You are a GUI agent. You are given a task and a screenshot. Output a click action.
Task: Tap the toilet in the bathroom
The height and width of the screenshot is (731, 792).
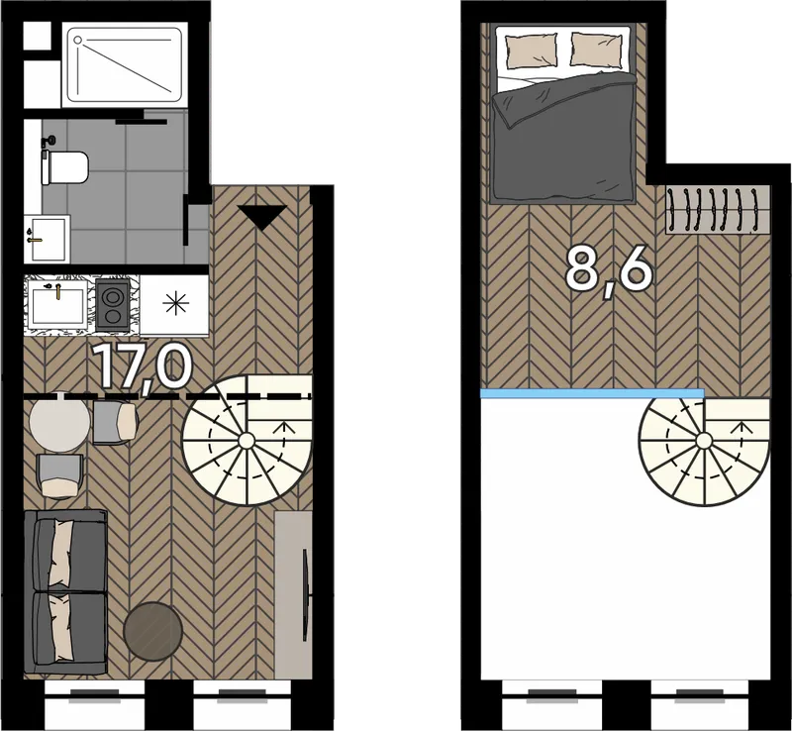[x=64, y=166]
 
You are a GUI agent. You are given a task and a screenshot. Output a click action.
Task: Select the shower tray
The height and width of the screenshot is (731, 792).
[x=125, y=64]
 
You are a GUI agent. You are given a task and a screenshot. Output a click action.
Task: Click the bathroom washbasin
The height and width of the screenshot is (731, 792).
[x=47, y=239]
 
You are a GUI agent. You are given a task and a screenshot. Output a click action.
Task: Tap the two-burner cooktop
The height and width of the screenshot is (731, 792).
[x=113, y=305]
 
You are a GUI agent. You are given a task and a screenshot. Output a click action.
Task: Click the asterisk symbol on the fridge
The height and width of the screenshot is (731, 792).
[x=175, y=303]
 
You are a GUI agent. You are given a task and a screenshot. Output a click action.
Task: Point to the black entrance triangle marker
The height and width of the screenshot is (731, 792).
[x=262, y=217]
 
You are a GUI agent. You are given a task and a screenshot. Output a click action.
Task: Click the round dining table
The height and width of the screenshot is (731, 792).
[x=59, y=422]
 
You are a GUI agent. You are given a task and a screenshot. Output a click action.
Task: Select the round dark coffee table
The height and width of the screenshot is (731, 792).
[x=153, y=631]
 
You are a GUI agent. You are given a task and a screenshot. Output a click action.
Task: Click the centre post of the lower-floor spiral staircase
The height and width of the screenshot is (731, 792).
[x=246, y=441]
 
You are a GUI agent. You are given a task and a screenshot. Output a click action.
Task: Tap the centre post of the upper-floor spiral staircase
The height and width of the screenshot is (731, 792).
[x=704, y=442]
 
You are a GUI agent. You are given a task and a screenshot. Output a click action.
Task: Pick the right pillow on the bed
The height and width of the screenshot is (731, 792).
[x=596, y=50]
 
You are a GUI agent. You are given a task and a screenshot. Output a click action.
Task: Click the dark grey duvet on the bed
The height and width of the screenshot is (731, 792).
[x=564, y=138]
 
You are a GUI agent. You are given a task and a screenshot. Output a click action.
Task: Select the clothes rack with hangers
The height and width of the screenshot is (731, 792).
[x=717, y=210]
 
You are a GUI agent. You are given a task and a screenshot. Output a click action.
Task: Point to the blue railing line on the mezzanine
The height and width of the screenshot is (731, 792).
[x=592, y=394]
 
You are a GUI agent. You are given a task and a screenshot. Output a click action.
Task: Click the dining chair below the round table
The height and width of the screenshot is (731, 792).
[x=60, y=476]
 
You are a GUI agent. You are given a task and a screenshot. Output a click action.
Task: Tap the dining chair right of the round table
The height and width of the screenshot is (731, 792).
[x=115, y=423]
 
